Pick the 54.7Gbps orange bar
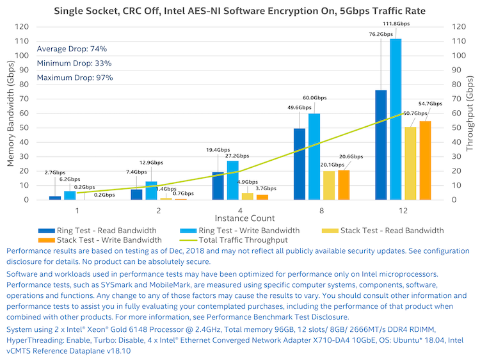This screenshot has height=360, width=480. (425, 160)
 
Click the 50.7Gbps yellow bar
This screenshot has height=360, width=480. (410, 163)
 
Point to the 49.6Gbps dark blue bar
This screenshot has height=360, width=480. (300, 164)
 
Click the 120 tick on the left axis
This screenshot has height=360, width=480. (21, 27)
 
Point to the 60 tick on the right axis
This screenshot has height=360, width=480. (456, 113)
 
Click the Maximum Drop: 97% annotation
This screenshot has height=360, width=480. (75, 78)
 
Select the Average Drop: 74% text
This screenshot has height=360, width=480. (72, 49)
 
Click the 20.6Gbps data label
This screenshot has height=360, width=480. (351, 157)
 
